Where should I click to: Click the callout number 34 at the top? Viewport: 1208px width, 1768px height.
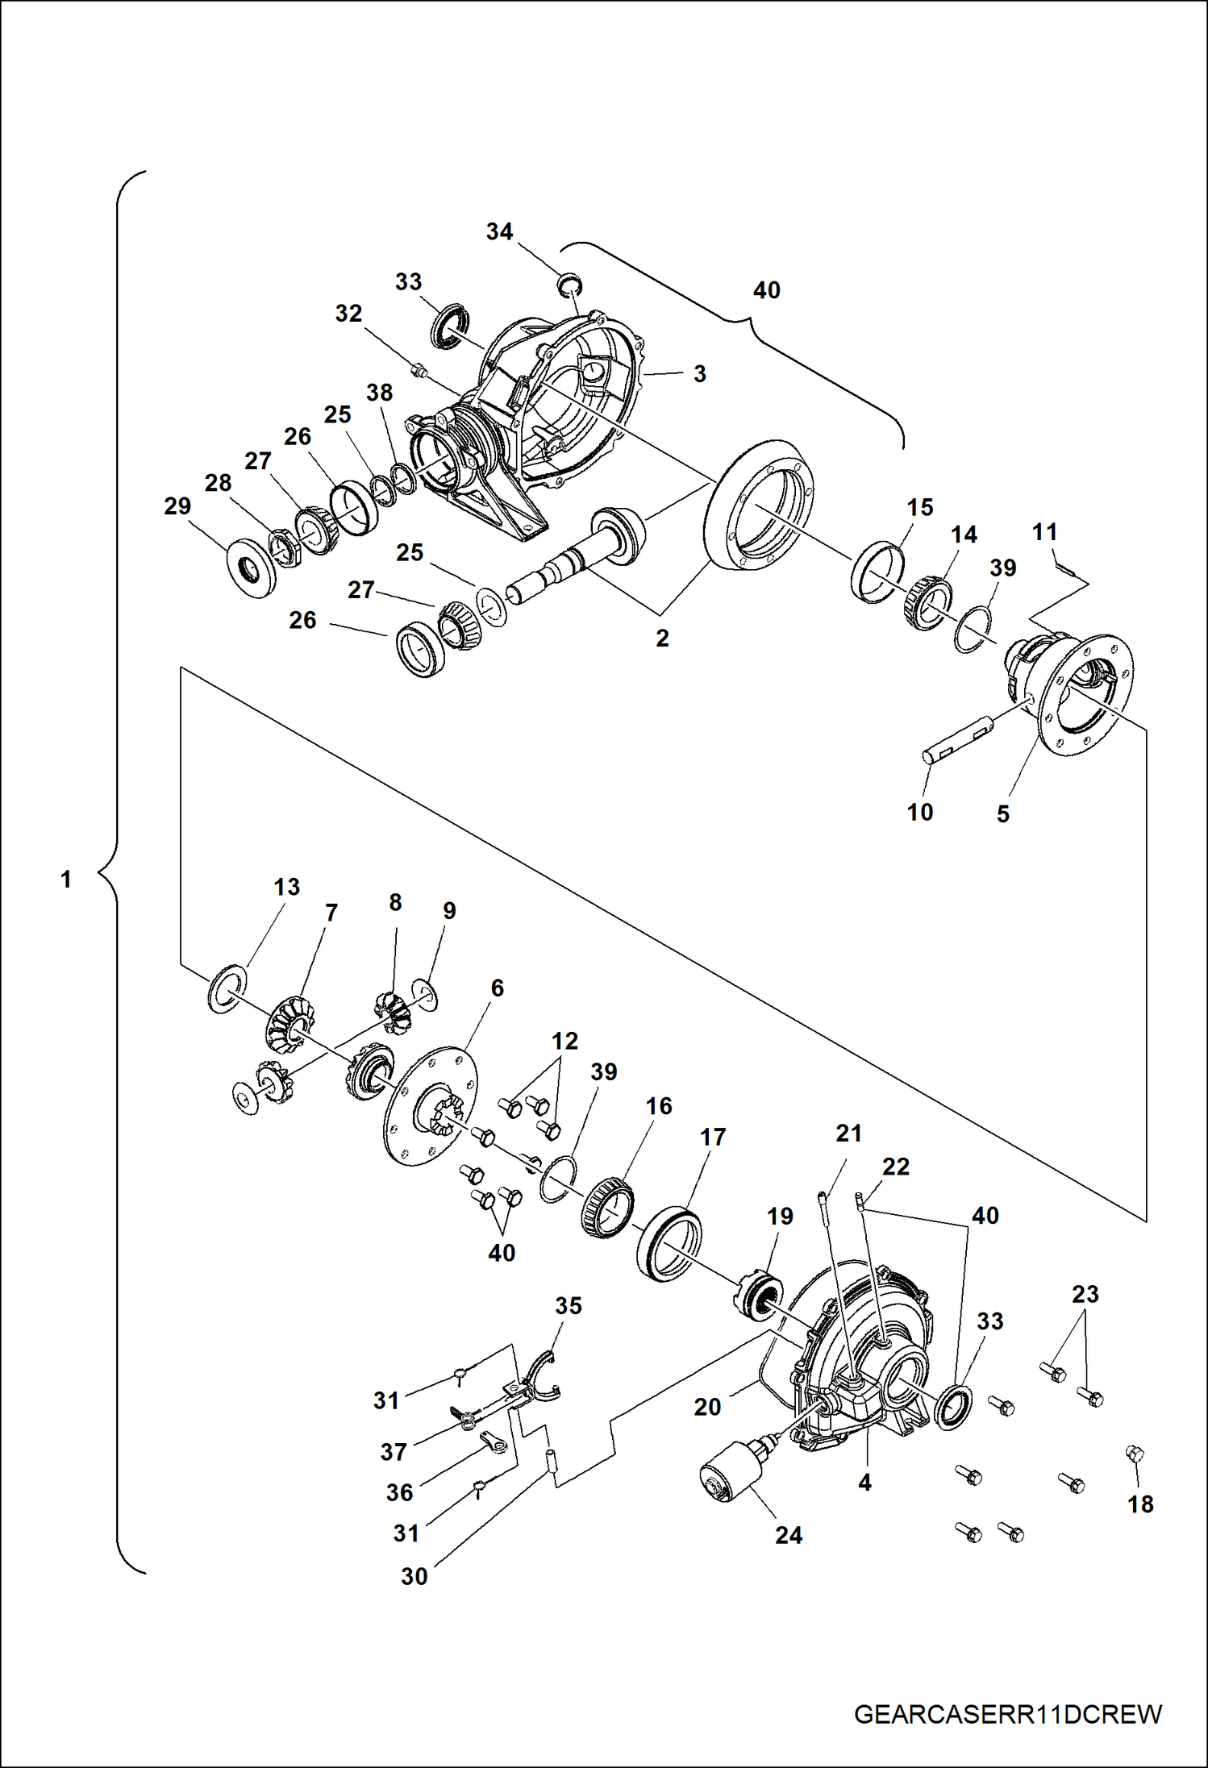(499, 232)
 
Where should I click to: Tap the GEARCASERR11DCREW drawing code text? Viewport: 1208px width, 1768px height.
(1007, 1714)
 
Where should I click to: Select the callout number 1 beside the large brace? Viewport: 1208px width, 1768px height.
(66, 879)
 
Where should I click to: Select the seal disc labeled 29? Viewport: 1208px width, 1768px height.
(252, 570)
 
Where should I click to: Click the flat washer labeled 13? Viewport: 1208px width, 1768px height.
(227, 988)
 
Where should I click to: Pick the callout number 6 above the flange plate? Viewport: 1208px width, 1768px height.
(497, 988)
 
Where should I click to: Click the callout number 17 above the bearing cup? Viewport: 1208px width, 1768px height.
(712, 1137)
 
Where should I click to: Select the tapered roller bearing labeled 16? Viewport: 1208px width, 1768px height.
(607, 1204)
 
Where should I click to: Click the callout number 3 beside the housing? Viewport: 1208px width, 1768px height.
(699, 374)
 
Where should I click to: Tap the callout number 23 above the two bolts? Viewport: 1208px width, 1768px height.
(1085, 1294)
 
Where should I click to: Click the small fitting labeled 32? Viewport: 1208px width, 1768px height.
(418, 370)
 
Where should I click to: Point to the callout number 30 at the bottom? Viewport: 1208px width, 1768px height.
(414, 1576)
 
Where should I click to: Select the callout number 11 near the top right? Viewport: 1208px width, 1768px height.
(1044, 532)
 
